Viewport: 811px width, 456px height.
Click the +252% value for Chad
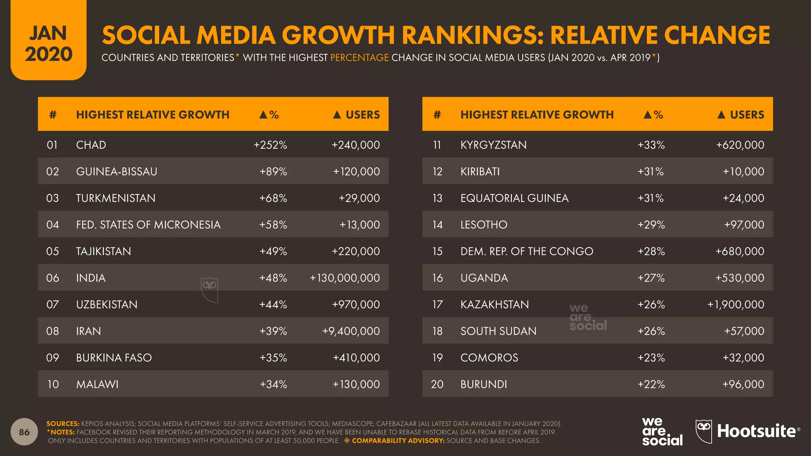[x=270, y=145]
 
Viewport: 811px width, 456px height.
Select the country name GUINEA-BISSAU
[x=116, y=171]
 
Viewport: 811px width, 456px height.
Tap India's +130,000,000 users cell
[x=345, y=278]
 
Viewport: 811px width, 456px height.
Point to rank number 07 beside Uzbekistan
[x=53, y=304]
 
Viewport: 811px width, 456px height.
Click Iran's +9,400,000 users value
[x=351, y=331]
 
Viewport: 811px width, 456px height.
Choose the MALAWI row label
[x=97, y=384]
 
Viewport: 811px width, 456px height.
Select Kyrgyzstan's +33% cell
[x=651, y=145]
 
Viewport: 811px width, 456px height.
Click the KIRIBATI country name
[x=480, y=171]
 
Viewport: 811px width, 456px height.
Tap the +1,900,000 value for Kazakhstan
[x=736, y=304]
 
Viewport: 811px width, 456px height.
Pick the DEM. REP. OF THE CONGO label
[x=527, y=251]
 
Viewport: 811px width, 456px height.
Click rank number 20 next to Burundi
[x=437, y=384]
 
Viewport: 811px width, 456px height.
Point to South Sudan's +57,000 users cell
[x=744, y=331]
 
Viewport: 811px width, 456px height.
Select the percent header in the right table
[x=653, y=115]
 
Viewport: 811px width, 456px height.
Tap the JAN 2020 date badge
[x=48, y=44]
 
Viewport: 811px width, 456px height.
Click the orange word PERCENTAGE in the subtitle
[x=359, y=58]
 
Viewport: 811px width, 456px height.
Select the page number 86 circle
[x=24, y=432]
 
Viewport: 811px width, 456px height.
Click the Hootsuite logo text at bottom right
[x=756, y=431]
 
